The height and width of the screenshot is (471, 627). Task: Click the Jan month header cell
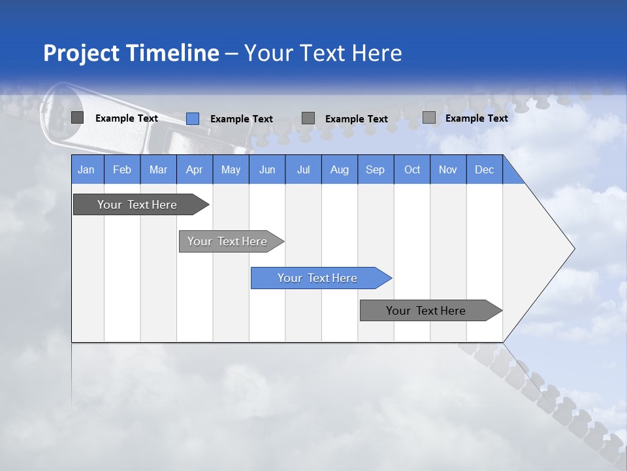click(87, 169)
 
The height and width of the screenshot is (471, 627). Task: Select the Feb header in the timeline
click(122, 169)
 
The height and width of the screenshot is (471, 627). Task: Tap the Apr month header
click(195, 169)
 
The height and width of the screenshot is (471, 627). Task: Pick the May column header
click(231, 169)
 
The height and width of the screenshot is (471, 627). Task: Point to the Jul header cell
click(303, 169)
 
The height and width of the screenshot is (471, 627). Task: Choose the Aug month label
click(340, 169)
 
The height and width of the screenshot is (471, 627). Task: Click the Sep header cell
click(376, 169)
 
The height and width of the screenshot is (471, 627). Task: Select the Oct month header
click(412, 169)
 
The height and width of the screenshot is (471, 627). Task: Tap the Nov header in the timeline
click(448, 169)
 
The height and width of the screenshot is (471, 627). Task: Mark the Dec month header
click(485, 169)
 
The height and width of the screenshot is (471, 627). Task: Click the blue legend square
click(193, 118)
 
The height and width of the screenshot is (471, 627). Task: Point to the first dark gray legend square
click(78, 118)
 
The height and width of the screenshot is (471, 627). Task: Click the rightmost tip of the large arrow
click(573, 249)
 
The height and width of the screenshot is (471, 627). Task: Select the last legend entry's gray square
click(429, 118)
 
